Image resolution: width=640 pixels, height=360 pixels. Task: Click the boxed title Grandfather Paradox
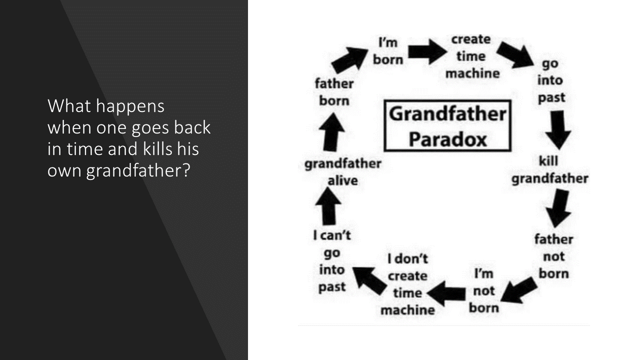tap(447, 125)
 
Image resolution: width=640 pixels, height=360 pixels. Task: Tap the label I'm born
tap(388, 51)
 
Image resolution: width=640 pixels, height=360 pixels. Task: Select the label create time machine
tap(472, 56)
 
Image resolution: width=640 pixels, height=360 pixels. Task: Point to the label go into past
tap(550, 81)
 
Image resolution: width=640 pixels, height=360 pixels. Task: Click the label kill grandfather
tap(549, 169)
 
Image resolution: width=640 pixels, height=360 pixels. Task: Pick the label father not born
tap(553, 256)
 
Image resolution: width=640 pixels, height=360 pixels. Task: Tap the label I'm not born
tap(483, 290)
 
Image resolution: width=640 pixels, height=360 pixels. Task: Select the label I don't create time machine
tap(407, 284)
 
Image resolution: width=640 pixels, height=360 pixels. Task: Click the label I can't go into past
tap(332, 261)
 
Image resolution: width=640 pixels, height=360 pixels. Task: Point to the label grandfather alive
tap(343, 172)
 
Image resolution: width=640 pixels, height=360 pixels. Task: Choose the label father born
tap(334, 92)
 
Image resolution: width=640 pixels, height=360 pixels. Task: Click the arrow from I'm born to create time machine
tap(427, 51)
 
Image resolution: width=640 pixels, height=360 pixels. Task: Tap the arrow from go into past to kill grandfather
tap(558, 130)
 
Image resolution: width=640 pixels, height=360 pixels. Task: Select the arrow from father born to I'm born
tap(349, 59)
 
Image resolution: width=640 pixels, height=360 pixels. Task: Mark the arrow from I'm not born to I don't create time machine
tap(446, 293)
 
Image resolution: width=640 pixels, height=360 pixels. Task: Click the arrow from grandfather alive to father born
tap(331, 132)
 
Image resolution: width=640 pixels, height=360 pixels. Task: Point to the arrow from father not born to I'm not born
tap(519, 290)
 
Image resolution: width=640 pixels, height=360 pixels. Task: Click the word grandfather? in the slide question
tap(138, 171)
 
